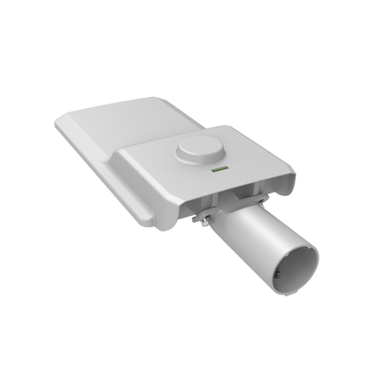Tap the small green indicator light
click(x=215, y=171)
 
